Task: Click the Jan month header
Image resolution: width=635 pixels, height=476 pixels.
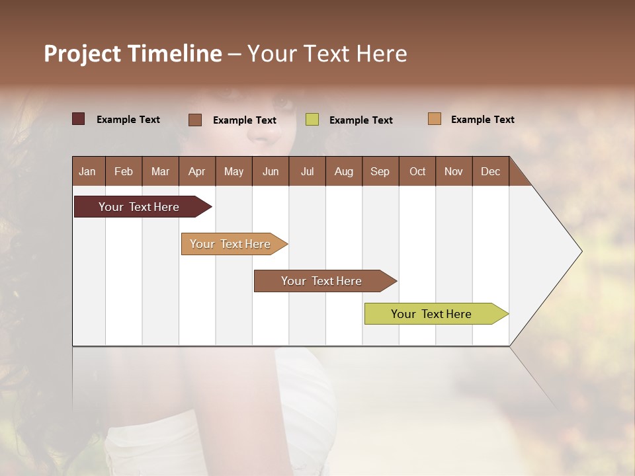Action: click(88, 171)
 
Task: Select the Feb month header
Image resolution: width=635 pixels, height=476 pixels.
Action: click(124, 171)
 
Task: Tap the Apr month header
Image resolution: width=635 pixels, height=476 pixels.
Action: click(197, 171)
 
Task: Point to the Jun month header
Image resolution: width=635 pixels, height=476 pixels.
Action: click(271, 171)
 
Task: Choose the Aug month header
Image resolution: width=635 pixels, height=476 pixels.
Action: click(344, 171)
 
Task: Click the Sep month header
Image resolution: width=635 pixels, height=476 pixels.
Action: click(380, 171)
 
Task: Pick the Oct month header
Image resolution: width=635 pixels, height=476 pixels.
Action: click(417, 171)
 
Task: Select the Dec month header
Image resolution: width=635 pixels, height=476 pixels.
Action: click(491, 171)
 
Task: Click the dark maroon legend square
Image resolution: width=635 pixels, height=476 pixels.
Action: click(78, 119)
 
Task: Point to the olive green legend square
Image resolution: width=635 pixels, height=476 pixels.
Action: click(312, 120)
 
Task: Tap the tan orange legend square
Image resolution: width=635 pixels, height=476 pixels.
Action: click(435, 119)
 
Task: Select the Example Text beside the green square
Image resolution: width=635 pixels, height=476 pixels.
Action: click(361, 120)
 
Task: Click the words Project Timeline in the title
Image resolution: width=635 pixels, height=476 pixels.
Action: click(133, 54)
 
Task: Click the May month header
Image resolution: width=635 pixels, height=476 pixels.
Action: click(233, 171)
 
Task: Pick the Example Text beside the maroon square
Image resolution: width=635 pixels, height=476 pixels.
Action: click(128, 120)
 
